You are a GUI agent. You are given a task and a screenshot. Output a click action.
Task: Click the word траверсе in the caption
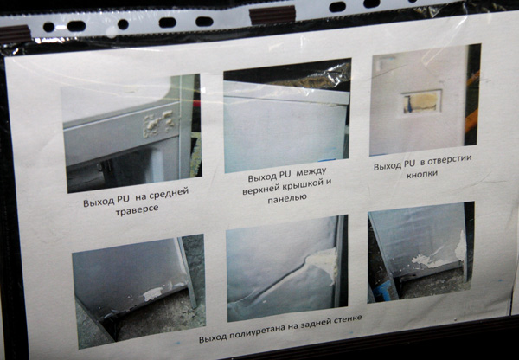[x=137, y=209]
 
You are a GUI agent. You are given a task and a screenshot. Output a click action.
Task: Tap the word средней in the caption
[x=169, y=194]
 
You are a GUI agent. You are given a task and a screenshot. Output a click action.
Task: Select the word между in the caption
[x=311, y=172]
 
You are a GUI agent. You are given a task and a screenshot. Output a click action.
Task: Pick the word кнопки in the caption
[x=422, y=174]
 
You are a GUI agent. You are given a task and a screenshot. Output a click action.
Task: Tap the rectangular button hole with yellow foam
[x=422, y=101]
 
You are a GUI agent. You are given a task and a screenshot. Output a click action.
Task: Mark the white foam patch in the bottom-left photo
[x=153, y=292]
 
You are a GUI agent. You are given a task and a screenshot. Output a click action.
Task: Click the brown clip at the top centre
[x=272, y=14]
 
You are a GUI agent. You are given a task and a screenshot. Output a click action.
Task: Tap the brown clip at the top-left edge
[x=16, y=34]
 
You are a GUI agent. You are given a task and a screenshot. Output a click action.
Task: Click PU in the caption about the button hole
[x=410, y=164]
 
